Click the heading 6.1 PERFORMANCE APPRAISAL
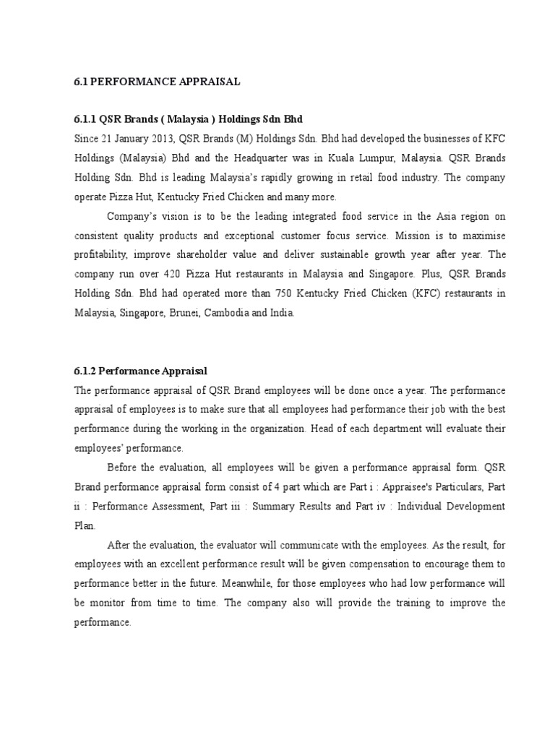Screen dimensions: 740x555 pyautogui.click(x=157, y=82)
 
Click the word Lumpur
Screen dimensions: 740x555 pyautogui.click(x=382, y=158)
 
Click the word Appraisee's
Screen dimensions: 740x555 pyautogui.click(x=418, y=486)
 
